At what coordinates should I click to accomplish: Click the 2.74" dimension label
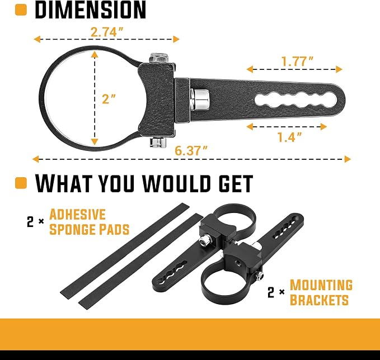coord(107,32)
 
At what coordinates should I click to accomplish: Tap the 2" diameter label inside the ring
coord(109,99)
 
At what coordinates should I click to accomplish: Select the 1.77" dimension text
coord(297,61)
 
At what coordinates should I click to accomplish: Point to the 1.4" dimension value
coord(289,137)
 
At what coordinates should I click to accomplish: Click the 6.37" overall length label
coord(191,151)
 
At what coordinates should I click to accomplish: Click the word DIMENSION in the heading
coord(91,10)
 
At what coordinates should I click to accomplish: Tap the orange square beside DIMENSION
coord(21,10)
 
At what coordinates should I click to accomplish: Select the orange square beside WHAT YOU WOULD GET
coord(21,183)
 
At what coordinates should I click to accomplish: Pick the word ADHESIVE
coord(78,214)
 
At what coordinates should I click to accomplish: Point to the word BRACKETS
coord(319,300)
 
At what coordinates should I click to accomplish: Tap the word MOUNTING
coord(321,285)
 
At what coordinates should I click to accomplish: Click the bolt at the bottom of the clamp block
coord(158,143)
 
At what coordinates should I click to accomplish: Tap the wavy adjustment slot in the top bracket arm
coord(295,100)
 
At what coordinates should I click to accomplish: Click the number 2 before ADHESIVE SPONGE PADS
coord(30,222)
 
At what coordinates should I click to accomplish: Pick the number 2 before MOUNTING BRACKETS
coord(271,292)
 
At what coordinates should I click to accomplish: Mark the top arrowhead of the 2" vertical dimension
coord(95,55)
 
